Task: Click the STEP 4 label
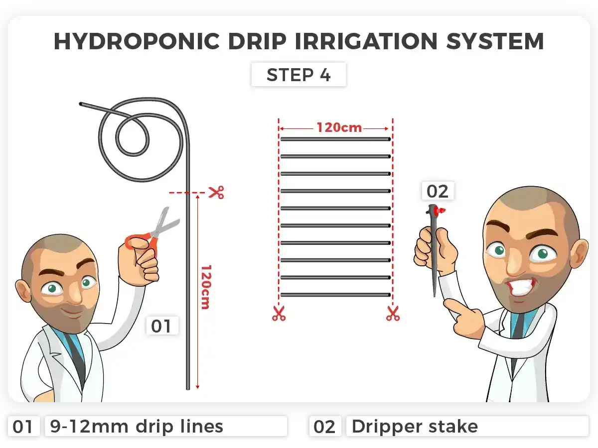coord(298,75)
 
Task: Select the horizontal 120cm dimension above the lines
coord(338,127)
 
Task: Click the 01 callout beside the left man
coord(161,326)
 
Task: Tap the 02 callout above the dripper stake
coord(438,191)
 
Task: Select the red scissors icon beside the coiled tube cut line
coord(216,193)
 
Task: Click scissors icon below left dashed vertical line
coord(279,314)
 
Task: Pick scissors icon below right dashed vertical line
coord(393,314)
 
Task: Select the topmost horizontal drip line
coord(335,139)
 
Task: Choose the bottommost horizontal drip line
coord(335,295)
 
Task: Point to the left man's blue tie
coord(75,348)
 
